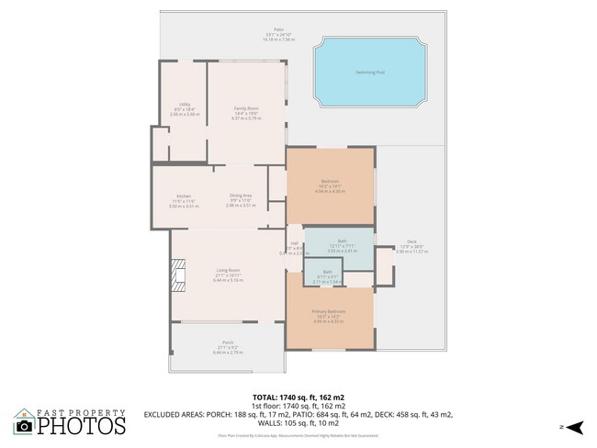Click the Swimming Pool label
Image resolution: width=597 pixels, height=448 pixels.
[369, 73]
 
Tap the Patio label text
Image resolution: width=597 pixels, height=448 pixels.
[292, 28]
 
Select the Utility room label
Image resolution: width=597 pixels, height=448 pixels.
[183, 106]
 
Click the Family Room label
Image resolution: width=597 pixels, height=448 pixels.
[245, 109]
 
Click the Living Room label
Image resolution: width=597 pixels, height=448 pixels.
[228, 270]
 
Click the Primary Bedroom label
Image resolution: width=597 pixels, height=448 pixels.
[329, 313]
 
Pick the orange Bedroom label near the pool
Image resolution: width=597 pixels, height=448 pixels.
[330, 181]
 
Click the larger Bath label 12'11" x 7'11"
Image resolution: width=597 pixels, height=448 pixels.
[342, 241]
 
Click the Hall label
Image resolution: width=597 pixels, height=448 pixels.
[294, 243]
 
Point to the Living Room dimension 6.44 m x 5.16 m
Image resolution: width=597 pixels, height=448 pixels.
[228, 280]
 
